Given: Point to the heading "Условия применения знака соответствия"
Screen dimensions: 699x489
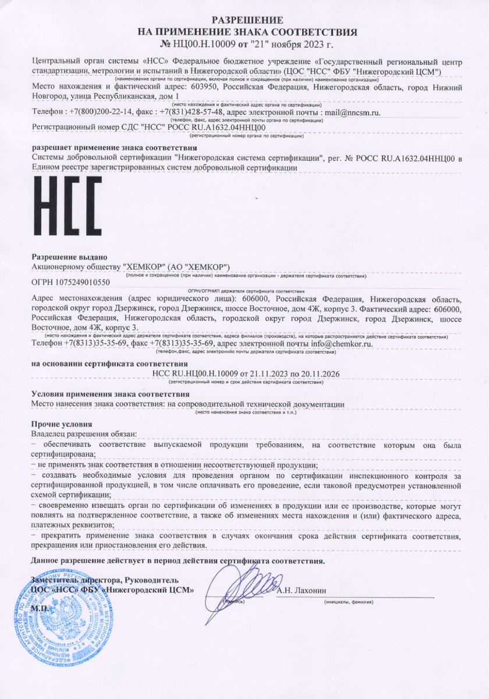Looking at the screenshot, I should click(101, 394).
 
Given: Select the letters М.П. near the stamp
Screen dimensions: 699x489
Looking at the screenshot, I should click(41, 608).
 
